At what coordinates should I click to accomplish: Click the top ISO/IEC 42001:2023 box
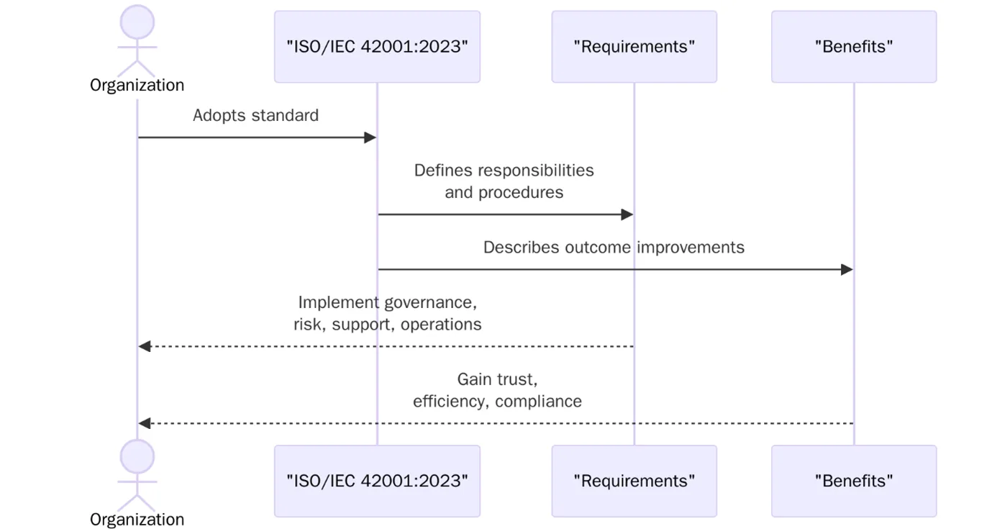pyautogui.click(x=377, y=47)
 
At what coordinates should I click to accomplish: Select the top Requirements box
pyautogui.click(x=634, y=47)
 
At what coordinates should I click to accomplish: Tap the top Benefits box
pyautogui.click(x=854, y=47)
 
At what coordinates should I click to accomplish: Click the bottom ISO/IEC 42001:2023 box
pyautogui.click(x=377, y=481)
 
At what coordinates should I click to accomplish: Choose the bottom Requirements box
pyautogui.click(x=634, y=481)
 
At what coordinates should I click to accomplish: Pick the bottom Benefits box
pyautogui.click(x=854, y=481)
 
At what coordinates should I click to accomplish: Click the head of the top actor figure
pyautogui.click(x=137, y=22)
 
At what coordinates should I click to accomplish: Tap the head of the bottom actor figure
pyautogui.click(x=137, y=457)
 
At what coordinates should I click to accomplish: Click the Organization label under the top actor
pyautogui.click(x=137, y=85)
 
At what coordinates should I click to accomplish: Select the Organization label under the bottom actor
pyautogui.click(x=137, y=519)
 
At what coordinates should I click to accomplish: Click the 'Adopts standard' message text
pyautogui.click(x=255, y=115)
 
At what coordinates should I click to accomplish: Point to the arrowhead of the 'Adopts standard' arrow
pyautogui.click(x=370, y=137)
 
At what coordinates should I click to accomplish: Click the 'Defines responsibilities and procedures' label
pyautogui.click(x=504, y=181)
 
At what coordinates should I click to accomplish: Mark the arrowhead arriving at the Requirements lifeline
pyautogui.click(x=627, y=214)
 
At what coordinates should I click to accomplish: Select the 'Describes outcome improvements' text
pyautogui.click(x=614, y=248)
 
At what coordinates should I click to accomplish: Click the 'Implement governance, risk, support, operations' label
pyautogui.click(x=387, y=313)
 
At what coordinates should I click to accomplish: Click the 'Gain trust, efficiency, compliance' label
pyautogui.click(x=497, y=390)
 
